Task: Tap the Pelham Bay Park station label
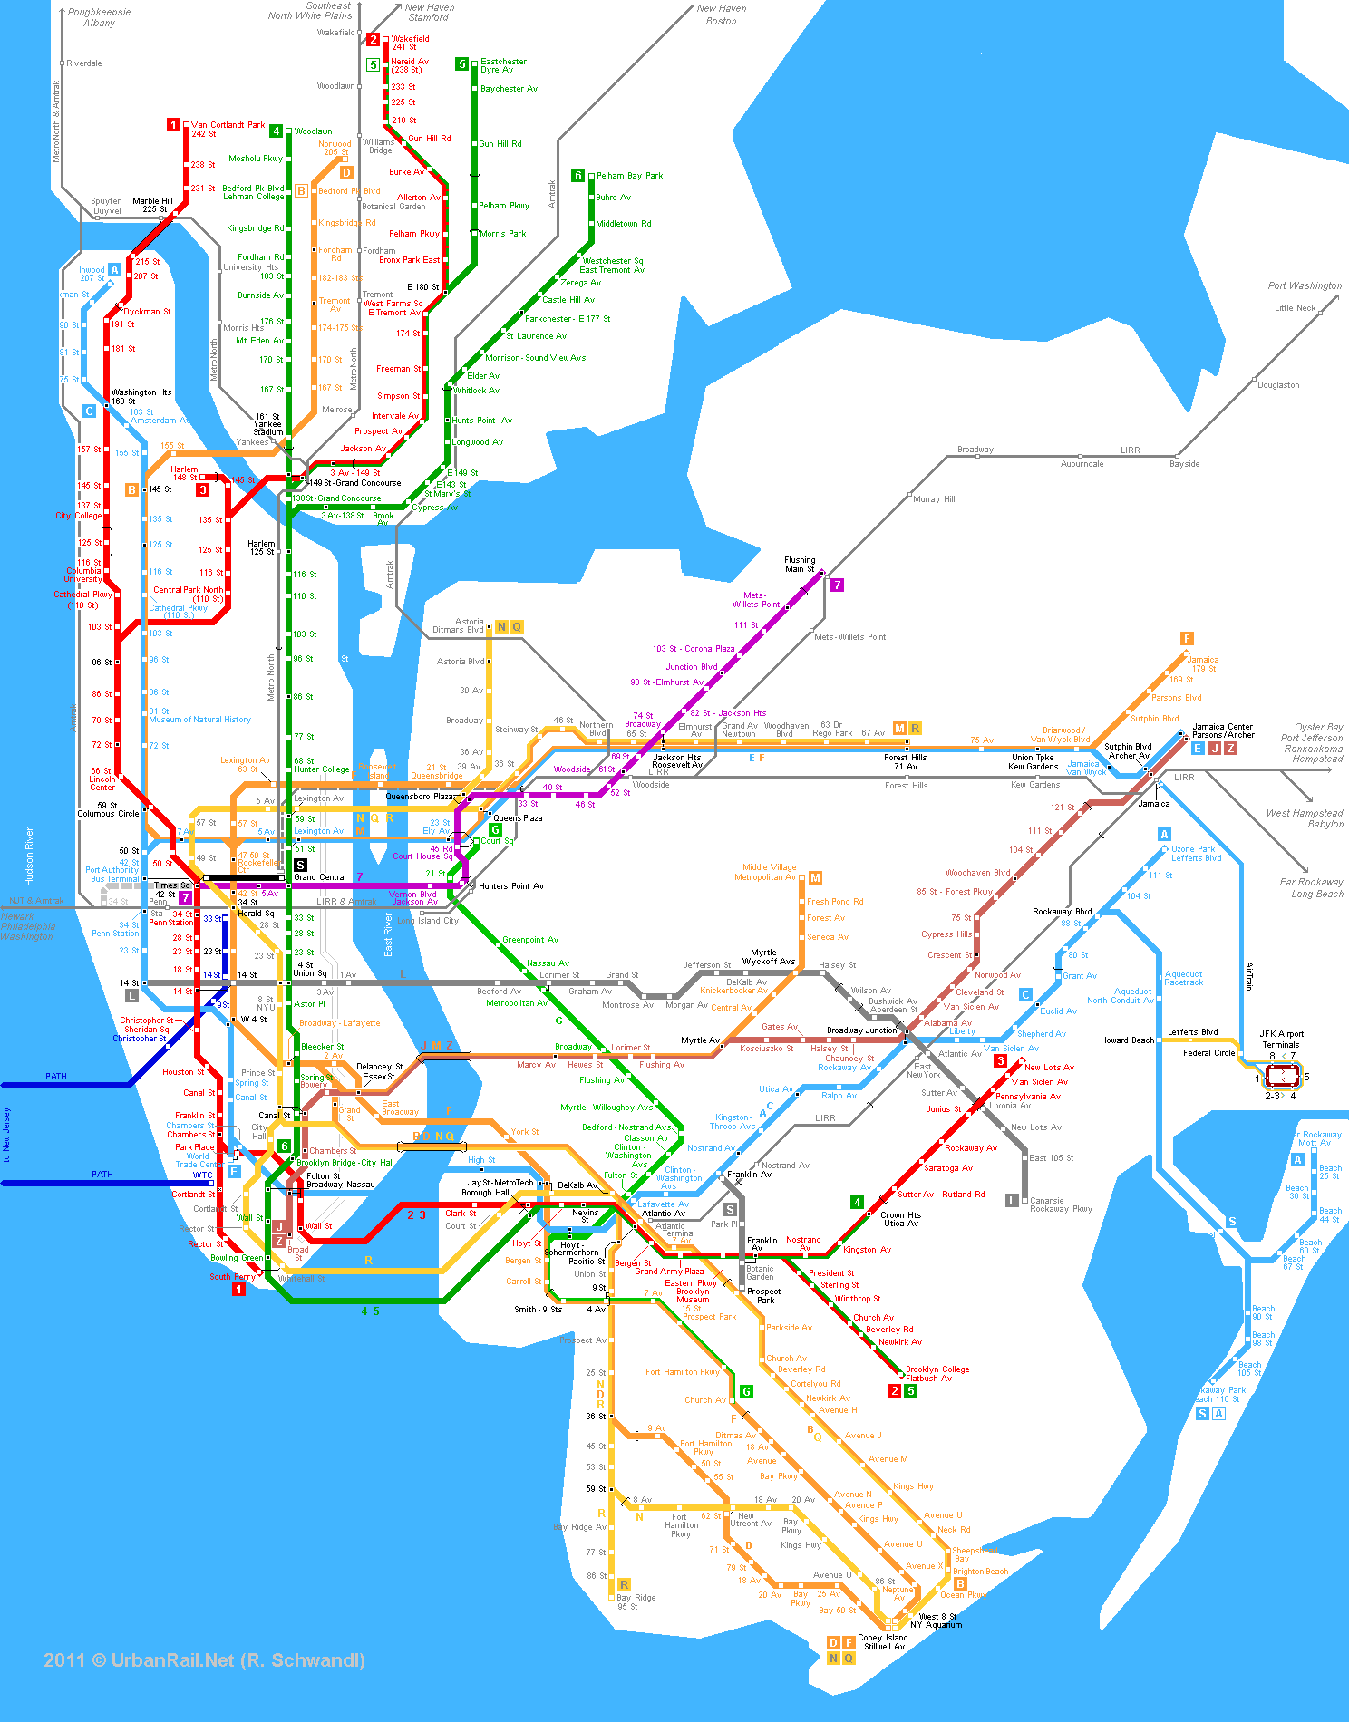tap(629, 176)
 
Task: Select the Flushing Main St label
tap(799, 565)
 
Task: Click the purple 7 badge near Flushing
tap(838, 585)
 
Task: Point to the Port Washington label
tap(1304, 285)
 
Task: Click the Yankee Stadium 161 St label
tap(267, 424)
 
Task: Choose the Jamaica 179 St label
tap(1203, 664)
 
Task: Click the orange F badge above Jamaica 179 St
tap(1187, 638)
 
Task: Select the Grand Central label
tap(319, 876)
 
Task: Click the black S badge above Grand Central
tap(300, 865)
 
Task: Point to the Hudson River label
tap(30, 856)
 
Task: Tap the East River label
tap(388, 934)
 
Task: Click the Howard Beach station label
tap(1127, 1040)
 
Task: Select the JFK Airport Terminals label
tap(1281, 1039)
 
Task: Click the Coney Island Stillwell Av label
tap(882, 1641)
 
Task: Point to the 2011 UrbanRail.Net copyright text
tap(204, 1660)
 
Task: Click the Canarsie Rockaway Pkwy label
tap(1061, 1204)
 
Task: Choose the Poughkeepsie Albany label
tap(99, 17)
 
